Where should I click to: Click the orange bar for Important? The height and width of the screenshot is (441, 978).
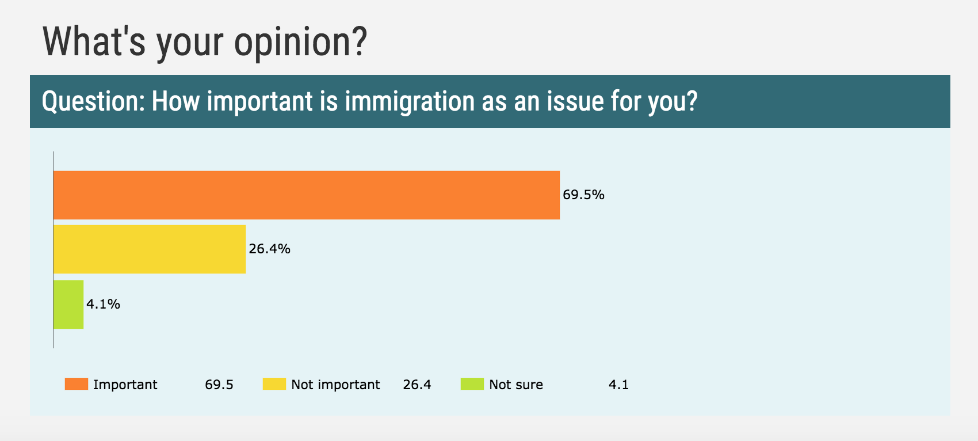307,195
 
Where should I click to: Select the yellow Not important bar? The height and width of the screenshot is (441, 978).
150,249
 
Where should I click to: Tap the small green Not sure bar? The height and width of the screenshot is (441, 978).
68,304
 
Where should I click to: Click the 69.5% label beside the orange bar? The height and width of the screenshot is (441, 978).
583,195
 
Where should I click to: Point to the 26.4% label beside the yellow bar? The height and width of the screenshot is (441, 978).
269,249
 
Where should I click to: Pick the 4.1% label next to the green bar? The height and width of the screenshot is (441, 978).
103,304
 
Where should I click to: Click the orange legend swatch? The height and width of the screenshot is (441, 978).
76,384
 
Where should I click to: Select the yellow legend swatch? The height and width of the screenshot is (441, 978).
274,384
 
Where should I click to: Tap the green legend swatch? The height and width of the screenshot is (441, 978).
472,384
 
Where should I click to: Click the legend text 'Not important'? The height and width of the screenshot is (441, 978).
335,385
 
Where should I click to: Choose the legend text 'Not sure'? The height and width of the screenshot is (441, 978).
516,385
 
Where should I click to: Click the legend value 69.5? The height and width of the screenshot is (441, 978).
219,385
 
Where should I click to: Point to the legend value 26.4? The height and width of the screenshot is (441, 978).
417,385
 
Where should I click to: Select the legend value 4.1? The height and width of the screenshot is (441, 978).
618,385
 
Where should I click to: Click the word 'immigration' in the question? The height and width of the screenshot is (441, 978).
410,101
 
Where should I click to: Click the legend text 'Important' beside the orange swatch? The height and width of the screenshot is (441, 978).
125,385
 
